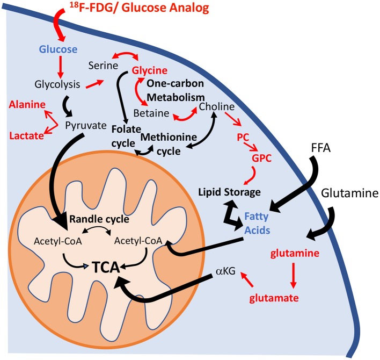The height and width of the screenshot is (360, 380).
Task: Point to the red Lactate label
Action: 26,136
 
